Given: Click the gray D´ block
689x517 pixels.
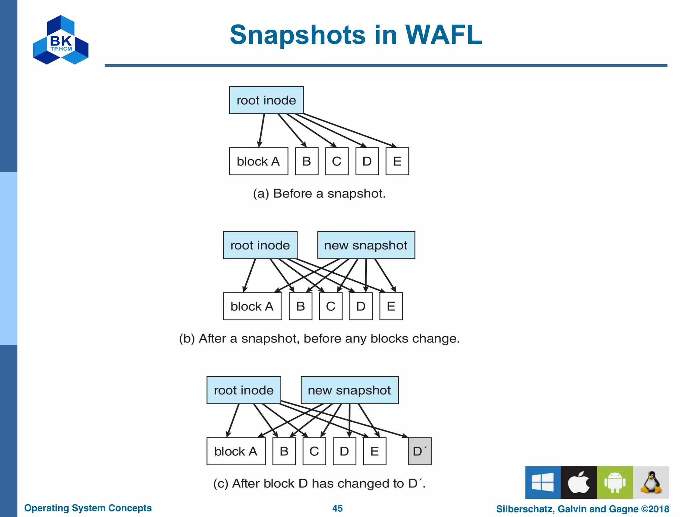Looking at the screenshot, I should coord(420,451).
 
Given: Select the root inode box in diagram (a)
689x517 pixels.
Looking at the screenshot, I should coord(266,100).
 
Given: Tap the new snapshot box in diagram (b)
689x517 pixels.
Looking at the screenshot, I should coord(366,245).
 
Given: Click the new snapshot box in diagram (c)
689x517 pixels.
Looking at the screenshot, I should coord(350,390).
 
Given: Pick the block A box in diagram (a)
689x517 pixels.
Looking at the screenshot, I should coord(258,161).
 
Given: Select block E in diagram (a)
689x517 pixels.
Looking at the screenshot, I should coord(397,161).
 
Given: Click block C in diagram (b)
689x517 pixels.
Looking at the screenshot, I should coord(331,306).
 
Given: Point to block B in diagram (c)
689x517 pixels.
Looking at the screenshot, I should coord(284,451).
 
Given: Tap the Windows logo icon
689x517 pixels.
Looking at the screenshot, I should coord(543,482).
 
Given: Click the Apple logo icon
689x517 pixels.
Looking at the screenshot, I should coord(579,482).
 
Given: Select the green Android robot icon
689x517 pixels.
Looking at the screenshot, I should coord(615,482).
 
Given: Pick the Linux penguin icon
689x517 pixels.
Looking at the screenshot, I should coord(651,482).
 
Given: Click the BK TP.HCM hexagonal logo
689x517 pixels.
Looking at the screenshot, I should coord(61,40).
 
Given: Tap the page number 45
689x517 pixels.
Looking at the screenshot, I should coord(337,508).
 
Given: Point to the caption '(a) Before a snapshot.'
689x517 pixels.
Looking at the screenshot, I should coord(319,194).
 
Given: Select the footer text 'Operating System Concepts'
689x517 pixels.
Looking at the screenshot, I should coord(88,508).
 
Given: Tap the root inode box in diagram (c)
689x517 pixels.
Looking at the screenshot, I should coord(244,390).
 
